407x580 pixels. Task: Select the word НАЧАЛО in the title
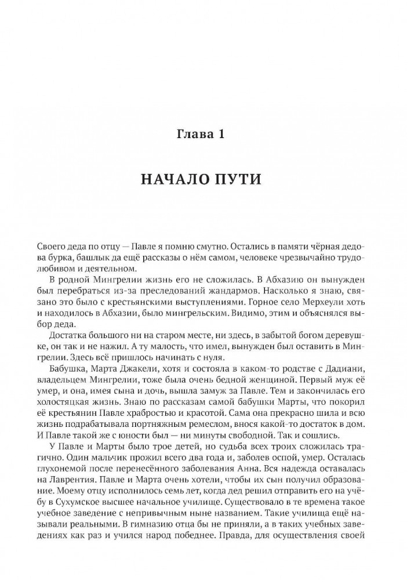coord(179,180)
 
